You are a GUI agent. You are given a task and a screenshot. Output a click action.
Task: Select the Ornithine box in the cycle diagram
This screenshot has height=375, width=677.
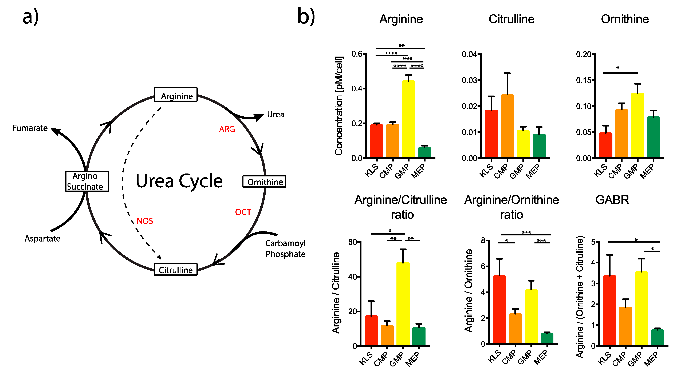264,182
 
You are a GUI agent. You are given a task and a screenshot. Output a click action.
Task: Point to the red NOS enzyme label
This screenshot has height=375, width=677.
145,221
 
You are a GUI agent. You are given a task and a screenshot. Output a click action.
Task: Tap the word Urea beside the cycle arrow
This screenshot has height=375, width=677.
275,115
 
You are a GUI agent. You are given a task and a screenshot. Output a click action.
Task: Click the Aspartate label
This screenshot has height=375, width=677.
43,239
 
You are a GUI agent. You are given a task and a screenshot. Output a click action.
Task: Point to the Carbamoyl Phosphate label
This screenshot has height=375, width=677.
285,249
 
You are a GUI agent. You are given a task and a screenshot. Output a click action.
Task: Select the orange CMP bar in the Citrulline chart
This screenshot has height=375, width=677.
507,126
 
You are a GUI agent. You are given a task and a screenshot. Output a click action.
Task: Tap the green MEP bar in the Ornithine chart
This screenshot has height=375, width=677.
653,137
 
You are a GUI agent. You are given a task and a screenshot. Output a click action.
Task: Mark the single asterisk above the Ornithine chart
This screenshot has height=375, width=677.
618,68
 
